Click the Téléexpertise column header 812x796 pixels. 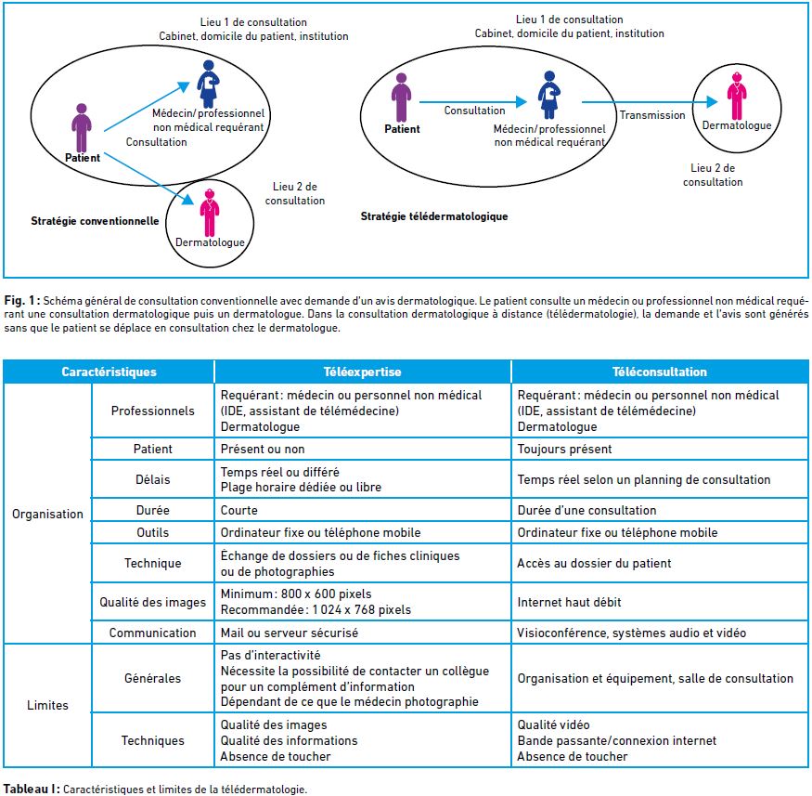[362, 372]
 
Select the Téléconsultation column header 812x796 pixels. [659, 372]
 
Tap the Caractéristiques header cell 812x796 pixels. [109, 372]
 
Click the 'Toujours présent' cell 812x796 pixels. [564, 449]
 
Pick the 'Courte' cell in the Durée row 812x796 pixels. [238, 510]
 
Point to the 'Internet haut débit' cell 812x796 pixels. [569, 602]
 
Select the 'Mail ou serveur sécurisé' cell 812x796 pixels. [289, 633]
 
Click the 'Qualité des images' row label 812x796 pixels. [153, 602]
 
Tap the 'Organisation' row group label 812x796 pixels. [47, 514]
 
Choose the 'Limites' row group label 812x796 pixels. [47, 705]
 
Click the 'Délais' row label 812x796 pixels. [153, 479]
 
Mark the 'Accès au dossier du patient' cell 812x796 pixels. [594, 563]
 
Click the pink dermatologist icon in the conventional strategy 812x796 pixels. [209, 213]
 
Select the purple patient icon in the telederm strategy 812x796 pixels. [401, 98]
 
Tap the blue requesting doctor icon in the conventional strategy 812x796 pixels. [208, 84]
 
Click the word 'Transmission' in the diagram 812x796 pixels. [652, 115]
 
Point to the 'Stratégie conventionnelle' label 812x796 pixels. [95, 221]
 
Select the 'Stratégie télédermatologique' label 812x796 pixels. [434, 216]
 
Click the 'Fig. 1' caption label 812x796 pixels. [22, 301]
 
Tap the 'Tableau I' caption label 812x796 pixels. [32, 789]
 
